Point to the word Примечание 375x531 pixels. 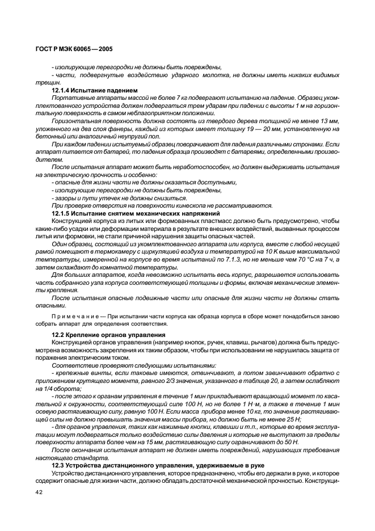72,315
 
